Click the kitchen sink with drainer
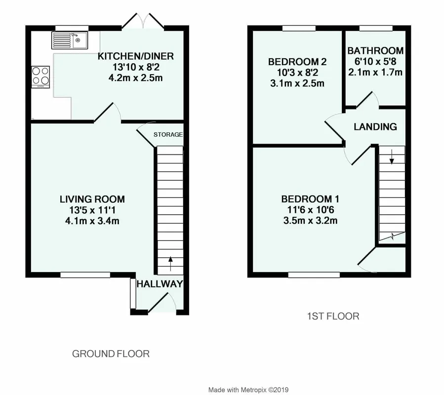(x=70, y=40)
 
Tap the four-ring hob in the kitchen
(x=40, y=77)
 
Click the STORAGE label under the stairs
(x=168, y=134)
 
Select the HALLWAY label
(x=160, y=284)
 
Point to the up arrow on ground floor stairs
(x=170, y=264)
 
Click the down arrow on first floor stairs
(x=392, y=157)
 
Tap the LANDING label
(x=375, y=126)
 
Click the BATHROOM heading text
(x=375, y=51)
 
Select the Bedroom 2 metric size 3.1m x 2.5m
(x=297, y=83)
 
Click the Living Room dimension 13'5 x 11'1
(x=92, y=210)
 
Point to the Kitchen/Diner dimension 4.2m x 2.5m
(x=136, y=78)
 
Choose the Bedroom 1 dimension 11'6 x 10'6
(x=311, y=210)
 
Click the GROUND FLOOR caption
(x=111, y=354)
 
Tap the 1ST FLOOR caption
(x=333, y=316)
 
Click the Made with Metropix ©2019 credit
(x=248, y=390)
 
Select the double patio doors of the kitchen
(x=143, y=21)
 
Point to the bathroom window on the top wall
(x=376, y=28)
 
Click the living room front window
(x=85, y=275)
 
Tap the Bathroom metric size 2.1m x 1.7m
(x=375, y=72)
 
